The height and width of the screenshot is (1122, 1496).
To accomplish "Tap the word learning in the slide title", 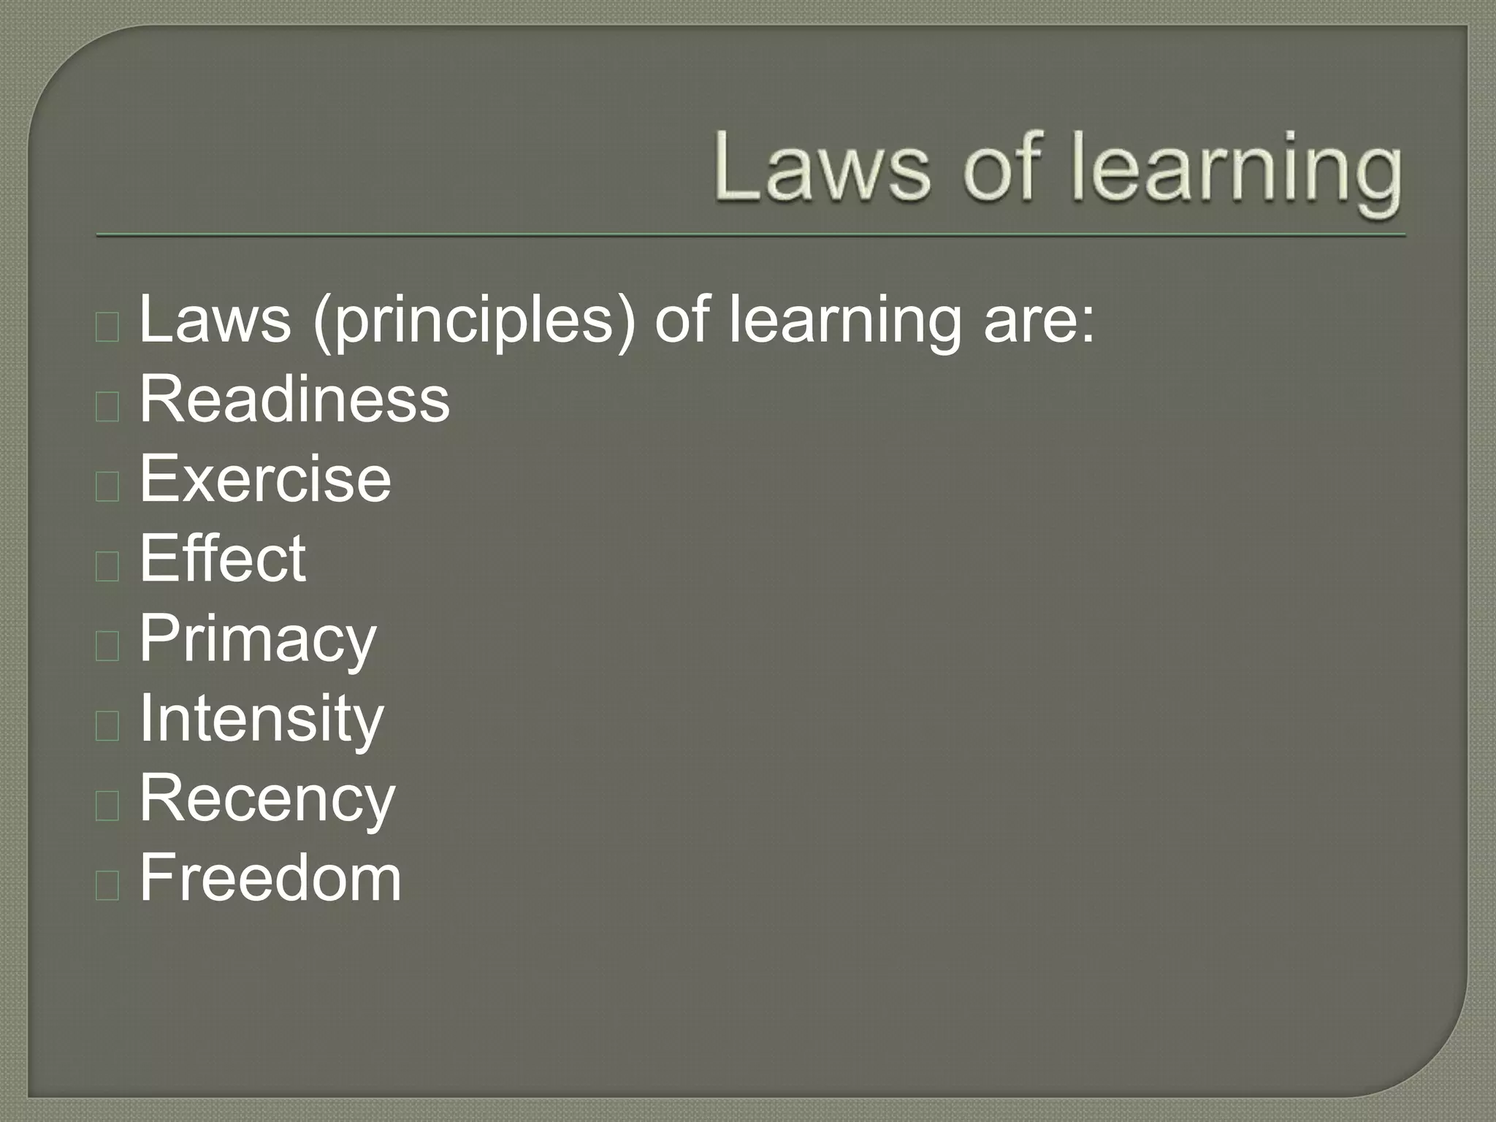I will (x=1236, y=172).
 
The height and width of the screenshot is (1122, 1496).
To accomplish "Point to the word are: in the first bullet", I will (x=1039, y=321).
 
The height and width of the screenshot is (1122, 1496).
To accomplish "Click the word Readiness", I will (x=294, y=399).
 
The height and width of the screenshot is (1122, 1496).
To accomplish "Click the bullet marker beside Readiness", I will (x=107, y=406).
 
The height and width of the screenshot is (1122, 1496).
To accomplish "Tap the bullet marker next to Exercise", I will (x=107, y=486).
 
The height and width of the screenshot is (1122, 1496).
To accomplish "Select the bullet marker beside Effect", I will (x=107, y=566).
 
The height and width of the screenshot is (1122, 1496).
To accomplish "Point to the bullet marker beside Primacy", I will (x=107, y=646).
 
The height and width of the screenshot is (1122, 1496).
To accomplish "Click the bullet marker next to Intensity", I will (x=107, y=725).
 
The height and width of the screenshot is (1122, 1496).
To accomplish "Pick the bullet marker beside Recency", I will (x=107, y=805).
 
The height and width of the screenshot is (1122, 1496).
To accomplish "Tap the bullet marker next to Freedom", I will (x=107, y=885).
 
